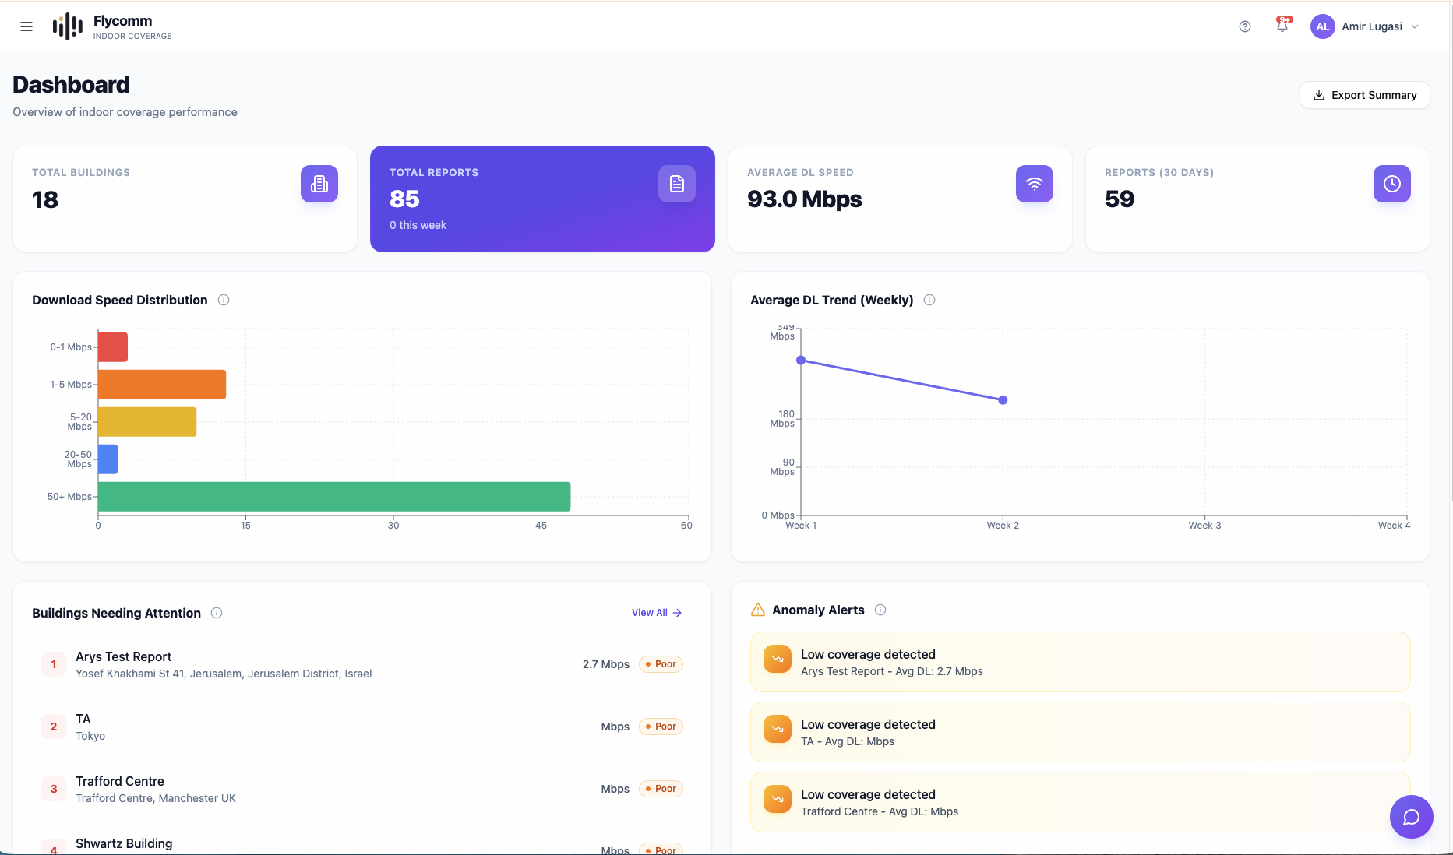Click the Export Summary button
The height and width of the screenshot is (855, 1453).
(1364, 95)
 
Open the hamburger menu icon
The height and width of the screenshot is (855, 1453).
(26, 26)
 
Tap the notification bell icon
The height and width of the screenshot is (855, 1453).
(1282, 26)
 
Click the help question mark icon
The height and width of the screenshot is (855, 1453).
(1245, 26)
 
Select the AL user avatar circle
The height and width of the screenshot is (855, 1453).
(1322, 26)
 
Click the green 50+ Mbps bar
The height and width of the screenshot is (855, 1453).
(333, 497)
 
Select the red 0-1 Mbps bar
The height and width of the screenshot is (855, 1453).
(113, 347)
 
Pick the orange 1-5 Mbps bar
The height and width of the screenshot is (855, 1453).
(162, 385)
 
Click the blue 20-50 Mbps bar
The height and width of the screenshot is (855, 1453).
(108, 459)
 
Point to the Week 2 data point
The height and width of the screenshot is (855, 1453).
(1003, 400)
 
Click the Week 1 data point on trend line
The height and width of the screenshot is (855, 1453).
(801, 361)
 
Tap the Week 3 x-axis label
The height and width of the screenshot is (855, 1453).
(1204, 526)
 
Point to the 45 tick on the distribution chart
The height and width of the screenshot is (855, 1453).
(541, 526)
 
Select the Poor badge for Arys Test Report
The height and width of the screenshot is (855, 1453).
(661, 664)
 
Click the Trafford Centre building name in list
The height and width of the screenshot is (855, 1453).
(120, 781)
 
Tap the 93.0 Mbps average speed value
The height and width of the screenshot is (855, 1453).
(804, 199)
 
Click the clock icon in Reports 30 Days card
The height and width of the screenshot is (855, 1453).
(1391, 184)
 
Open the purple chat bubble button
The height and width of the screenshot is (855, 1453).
(1411, 817)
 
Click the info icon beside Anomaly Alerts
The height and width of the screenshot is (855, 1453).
(880, 610)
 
